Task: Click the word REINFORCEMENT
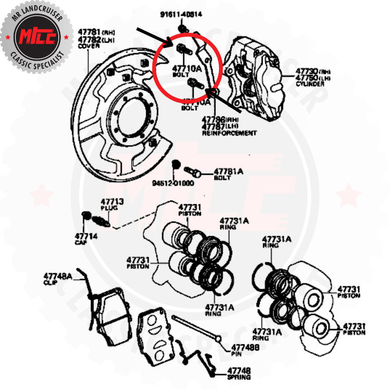click(x=229, y=133)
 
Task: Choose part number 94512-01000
click(x=173, y=183)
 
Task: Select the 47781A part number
click(x=226, y=171)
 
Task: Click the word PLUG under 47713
click(x=109, y=208)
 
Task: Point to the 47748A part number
click(x=58, y=276)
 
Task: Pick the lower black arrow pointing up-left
click(x=224, y=102)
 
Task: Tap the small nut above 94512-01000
click(x=176, y=165)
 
